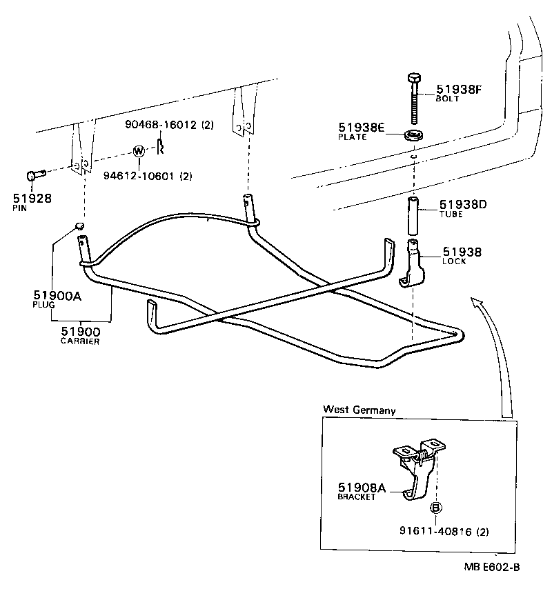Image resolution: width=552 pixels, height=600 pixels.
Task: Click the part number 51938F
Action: pyautogui.click(x=459, y=89)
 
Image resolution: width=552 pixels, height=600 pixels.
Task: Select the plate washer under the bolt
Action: pyautogui.click(x=413, y=133)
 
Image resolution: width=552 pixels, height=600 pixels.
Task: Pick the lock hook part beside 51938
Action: pyautogui.click(x=415, y=266)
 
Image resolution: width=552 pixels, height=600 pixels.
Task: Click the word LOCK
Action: pyautogui.click(x=455, y=262)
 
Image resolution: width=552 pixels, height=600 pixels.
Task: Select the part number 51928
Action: pyautogui.click(x=32, y=199)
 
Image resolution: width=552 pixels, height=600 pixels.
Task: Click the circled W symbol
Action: pyautogui.click(x=138, y=151)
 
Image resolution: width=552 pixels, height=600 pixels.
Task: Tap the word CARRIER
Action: pyautogui.click(x=80, y=341)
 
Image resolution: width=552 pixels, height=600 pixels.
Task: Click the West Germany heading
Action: pyautogui.click(x=359, y=410)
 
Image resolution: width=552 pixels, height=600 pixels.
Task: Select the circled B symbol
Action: pyautogui.click(x=436, y=508)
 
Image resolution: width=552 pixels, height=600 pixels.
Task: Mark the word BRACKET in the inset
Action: pyautogui.click(x=357, y=497)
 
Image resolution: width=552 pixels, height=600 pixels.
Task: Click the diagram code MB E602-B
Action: pyautogui.click(x=491, y=568)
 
